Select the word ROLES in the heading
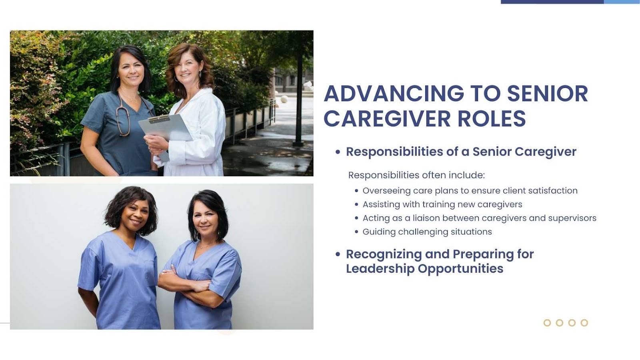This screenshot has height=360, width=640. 492,118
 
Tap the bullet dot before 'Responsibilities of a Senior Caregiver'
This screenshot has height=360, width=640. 338,152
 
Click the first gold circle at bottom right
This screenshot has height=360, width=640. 547,323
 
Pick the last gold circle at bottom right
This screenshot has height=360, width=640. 584,323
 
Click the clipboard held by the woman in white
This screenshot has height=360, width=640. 166,128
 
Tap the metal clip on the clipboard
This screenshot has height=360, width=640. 159,118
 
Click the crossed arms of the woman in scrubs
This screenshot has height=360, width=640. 188,286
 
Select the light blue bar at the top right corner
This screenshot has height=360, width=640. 622,2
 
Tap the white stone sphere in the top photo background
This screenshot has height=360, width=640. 284,99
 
